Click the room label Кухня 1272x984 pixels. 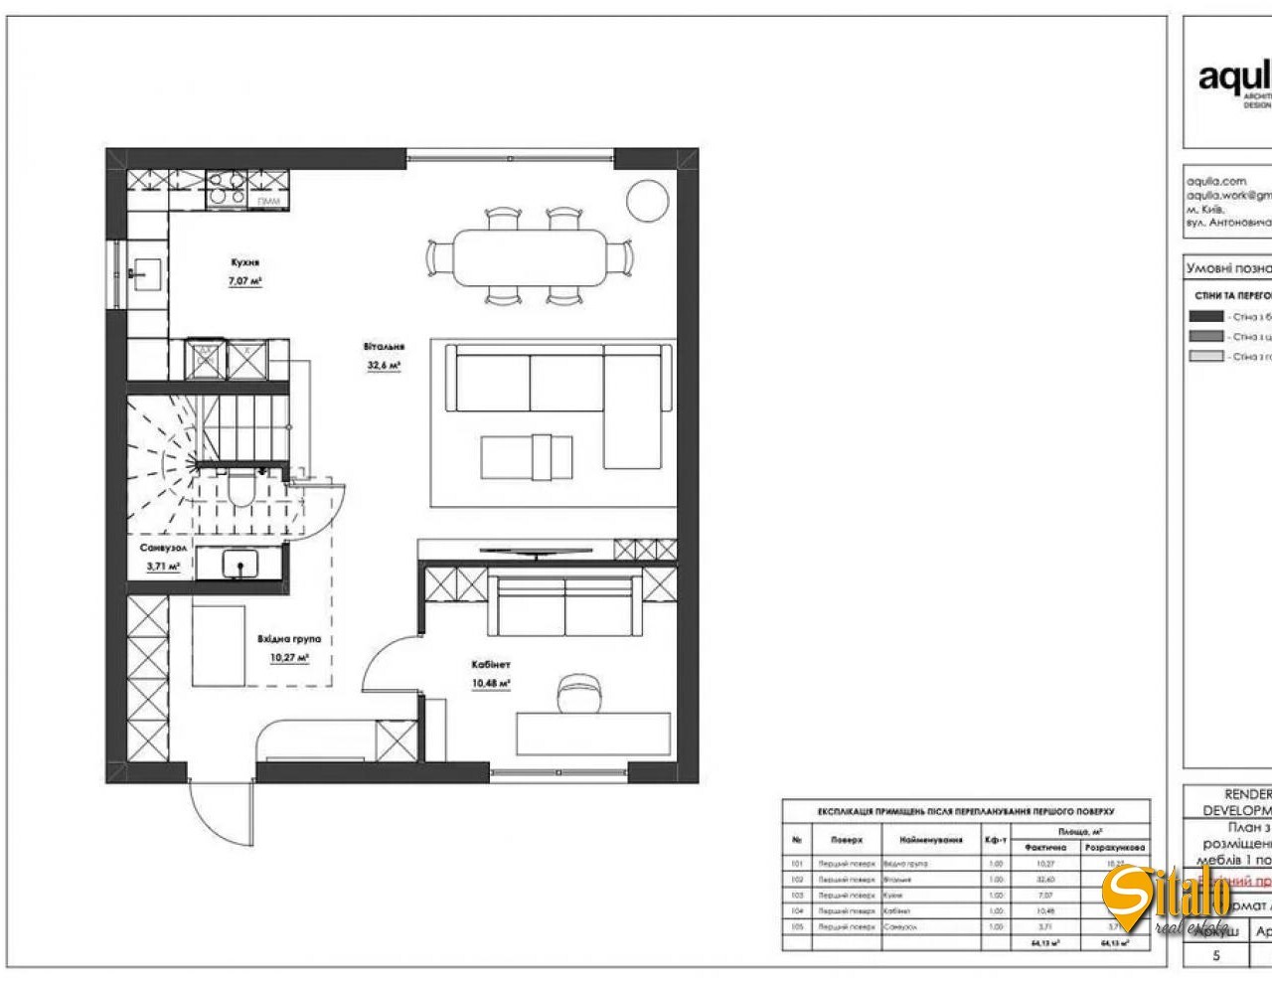pos(245,263)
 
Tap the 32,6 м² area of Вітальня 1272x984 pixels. pos(383,366)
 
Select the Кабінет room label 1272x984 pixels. pos(491,664)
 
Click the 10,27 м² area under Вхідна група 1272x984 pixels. pos(289,658)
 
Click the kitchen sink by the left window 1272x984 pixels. pos(146,268)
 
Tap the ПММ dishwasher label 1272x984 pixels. pos(268,202)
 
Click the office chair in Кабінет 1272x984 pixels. pos(578,692)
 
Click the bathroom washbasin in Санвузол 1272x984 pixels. pos(239,565)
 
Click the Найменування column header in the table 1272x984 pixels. pos(931,840)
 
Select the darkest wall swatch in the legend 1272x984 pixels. pos(1206,316)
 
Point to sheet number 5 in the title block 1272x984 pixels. pos(1216,956)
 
